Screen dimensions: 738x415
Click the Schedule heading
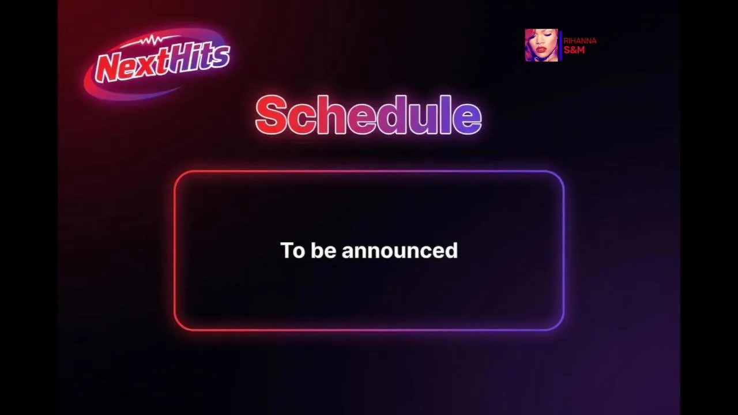368,115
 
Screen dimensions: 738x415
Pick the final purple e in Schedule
468,119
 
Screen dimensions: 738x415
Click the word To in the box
292,250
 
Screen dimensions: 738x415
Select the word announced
400,250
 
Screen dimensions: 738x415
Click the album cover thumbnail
541,45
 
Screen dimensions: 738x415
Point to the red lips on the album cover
541,50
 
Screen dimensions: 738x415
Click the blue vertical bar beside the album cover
561,46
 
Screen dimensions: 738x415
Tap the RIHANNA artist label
580,41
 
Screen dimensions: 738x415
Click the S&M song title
574,50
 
